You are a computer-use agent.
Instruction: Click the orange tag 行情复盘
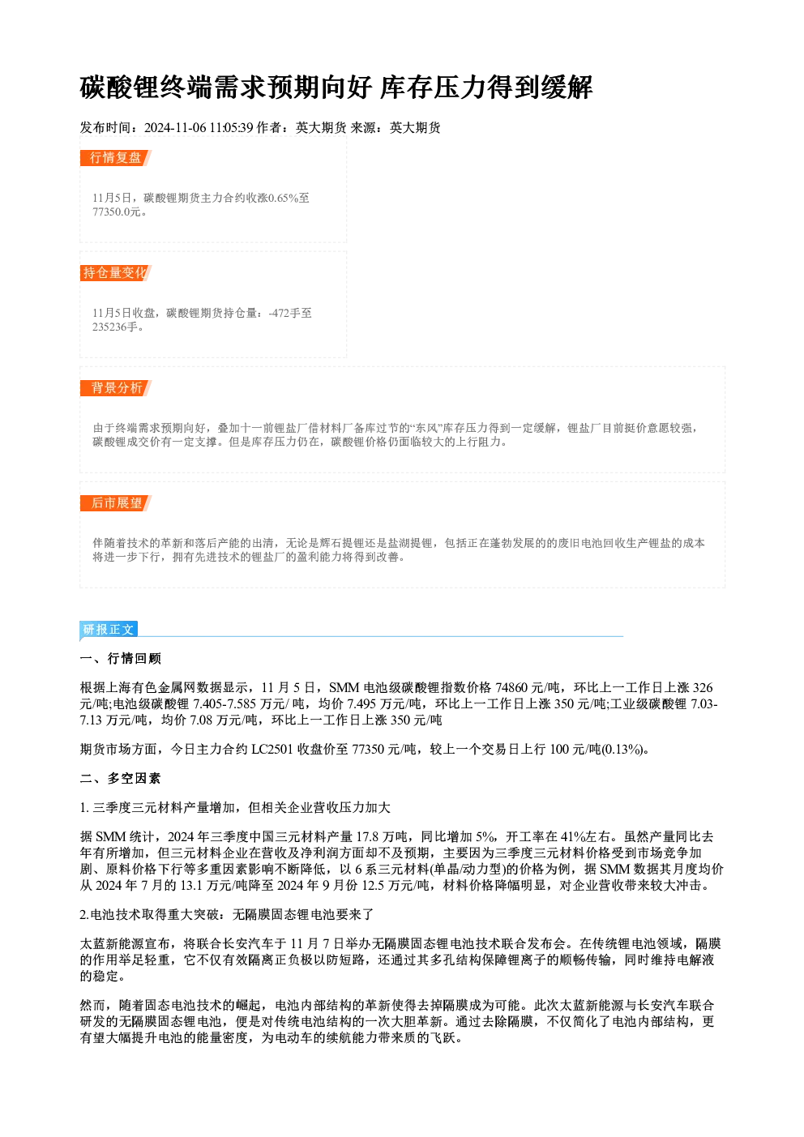116,158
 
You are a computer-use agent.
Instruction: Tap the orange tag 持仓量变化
116,273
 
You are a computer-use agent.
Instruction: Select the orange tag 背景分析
116,388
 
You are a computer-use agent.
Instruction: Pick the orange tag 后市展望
116,503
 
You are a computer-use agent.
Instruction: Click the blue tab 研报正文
109,630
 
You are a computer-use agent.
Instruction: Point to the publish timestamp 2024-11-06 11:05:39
199,127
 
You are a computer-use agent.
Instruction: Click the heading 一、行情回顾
120,659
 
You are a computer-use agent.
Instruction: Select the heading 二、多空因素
120,779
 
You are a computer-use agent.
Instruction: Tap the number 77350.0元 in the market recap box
116,212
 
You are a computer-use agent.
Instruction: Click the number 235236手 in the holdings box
115,327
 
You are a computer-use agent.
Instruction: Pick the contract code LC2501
272,749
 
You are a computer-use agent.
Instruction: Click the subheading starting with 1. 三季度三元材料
235,808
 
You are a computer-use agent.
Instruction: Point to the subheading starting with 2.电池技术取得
227,915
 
